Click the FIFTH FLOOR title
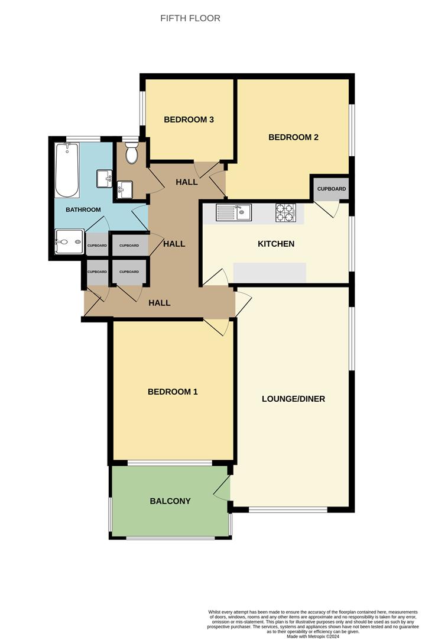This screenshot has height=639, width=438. pyautogui.click(x=190, y=18)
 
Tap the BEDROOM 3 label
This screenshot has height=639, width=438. pyautogui.click(x=189, y=120)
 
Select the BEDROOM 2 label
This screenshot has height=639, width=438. pyautogui.click(x=293, y=137)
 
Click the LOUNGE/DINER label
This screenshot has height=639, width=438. pyautogui.click(x=293, y=399)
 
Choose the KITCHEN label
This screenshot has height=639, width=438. pyautogui.click(x=276, y=244)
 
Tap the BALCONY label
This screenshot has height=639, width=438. pyautogui.click(x=170, y=501)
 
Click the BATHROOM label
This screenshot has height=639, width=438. pyautogui.click(x=83, y=209)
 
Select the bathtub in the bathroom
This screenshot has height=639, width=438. pyautogui.click(x=67, y=170)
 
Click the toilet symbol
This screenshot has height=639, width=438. pyautogui.click(x=131, y=153)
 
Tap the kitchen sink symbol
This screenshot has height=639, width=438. pyautogui.click(x=234, y=212)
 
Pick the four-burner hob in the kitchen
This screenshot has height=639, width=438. pyautogui.click(x=285, y=212)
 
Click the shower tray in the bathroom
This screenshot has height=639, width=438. pyautogui.click(x=69, y=241)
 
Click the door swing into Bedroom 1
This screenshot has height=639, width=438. pyautogui.click(x=218, y=327)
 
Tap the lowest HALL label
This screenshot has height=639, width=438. pyautogui.click(x=160, y=303)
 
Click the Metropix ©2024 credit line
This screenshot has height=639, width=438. pyautogui.click(x=314, y=636)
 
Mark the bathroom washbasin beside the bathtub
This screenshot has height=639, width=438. pyautogui.click(x=105, y=177)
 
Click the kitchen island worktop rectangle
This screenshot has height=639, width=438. pyautogui.click(x=270, y=273)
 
